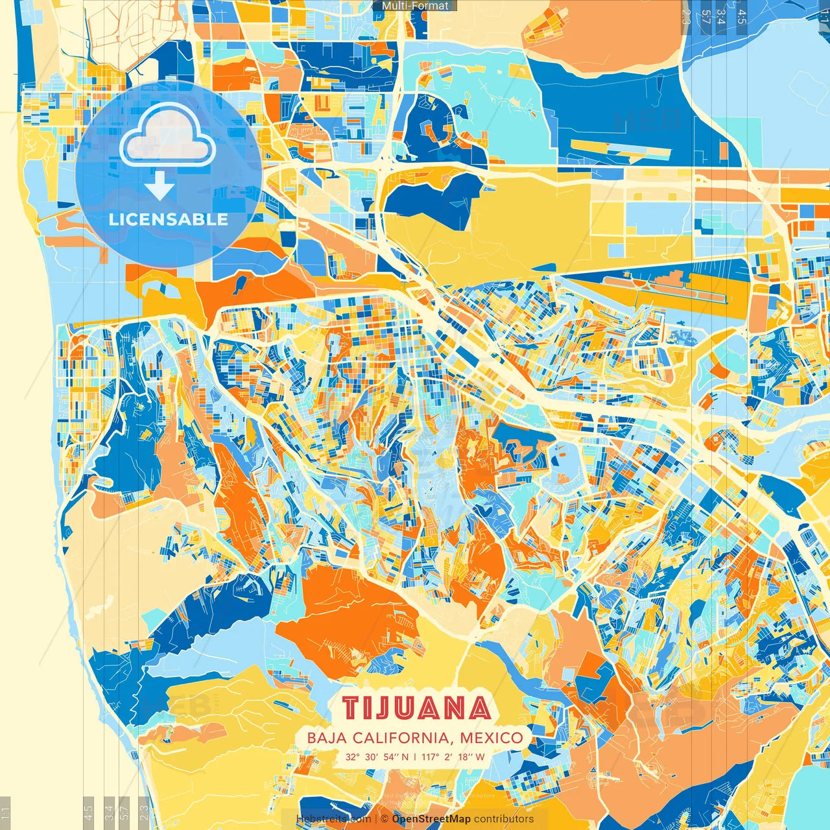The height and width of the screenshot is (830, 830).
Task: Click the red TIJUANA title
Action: pyautogui.click(x=416, y=708)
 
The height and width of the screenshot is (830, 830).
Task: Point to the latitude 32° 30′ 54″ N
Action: pyautogui.click(x=377, y=757)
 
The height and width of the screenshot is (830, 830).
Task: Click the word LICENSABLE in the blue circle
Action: pyautogui.click(x=168, y=219)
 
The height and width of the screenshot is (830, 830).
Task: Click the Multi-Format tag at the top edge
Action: pyautogui.click(x=415, y=6)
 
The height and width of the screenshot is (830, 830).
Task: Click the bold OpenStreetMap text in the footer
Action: pyautogui.click(x=431, y=819)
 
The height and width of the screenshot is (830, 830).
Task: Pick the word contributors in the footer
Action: pyautogui.click(x=504, y=819)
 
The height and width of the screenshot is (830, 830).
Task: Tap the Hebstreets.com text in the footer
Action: pyautogui.click(x=333, y=819)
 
